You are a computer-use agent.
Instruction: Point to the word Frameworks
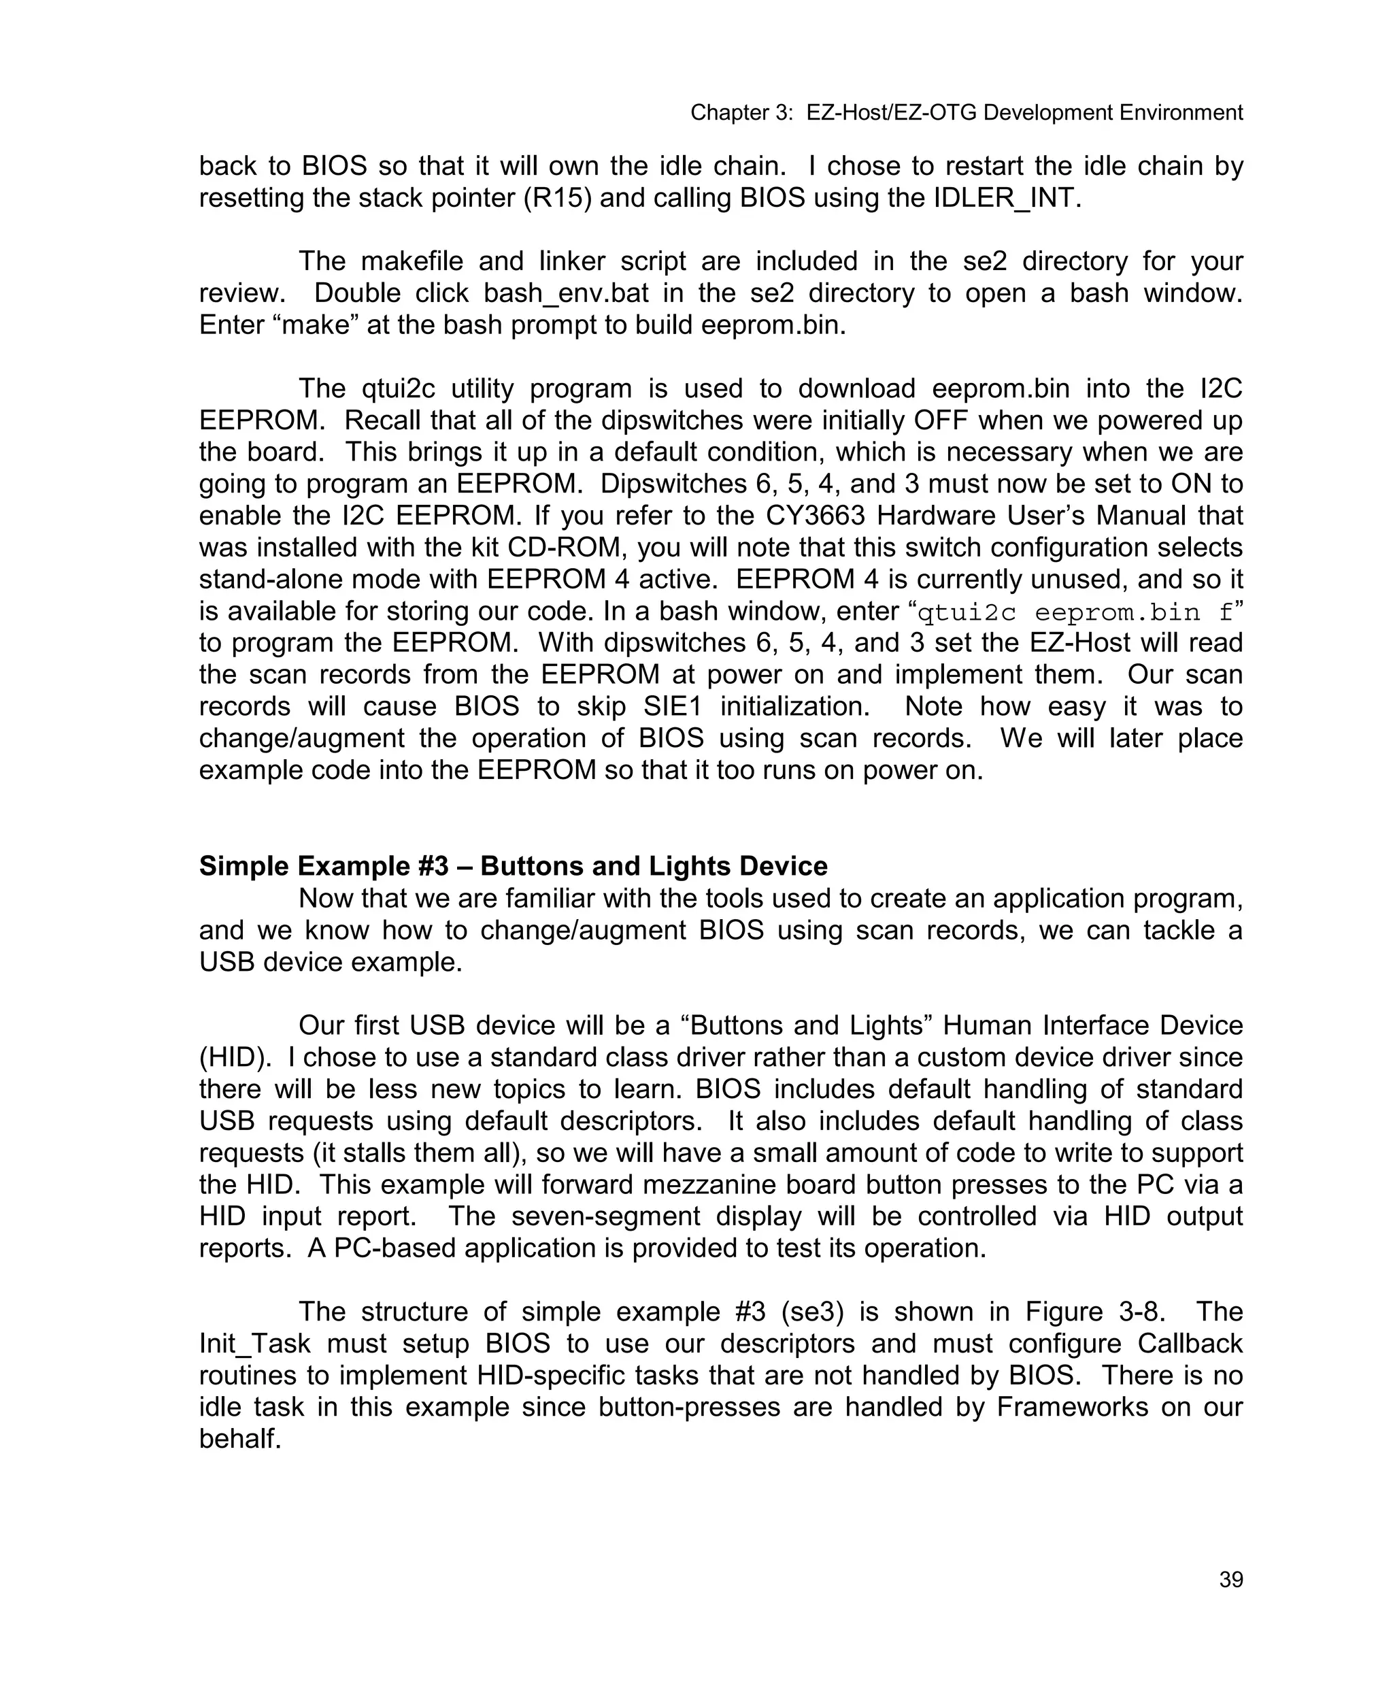(x=1072, y=1408)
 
